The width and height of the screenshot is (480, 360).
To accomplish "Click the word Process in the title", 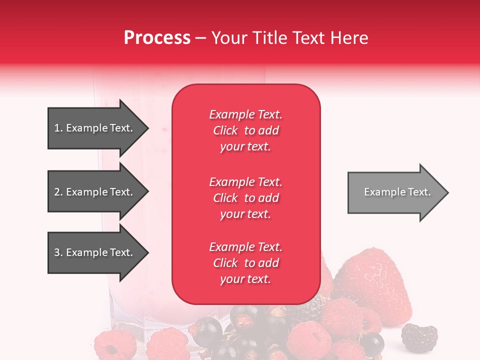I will pyautogui.click(x=157, y=38).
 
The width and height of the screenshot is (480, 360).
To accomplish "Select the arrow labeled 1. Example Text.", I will pyautogui.click(x=95, y=128).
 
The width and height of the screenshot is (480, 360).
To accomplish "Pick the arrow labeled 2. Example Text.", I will pyautogui.click(x=95, y=192).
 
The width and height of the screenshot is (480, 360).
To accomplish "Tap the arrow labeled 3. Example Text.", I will pyautogui.click(x=95, y=252).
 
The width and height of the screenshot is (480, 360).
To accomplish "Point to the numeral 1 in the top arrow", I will pyautogui.click(x=56, y=128).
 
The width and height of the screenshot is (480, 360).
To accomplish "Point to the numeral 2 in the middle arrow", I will pyautogui.click(x=57, y=192).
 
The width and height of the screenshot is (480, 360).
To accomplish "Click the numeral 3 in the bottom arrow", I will pyautogui.click(x=57, y=252).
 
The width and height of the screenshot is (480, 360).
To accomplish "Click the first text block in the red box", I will pyautogui.click(x=245, y=130).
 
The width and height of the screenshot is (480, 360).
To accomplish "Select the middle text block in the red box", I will pyautogui.click(x=245, y=198).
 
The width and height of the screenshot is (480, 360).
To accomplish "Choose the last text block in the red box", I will pyautogui.click(x=245, y=263).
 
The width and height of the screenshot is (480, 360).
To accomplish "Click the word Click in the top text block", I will pyautogui.click(x=225, y=130).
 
